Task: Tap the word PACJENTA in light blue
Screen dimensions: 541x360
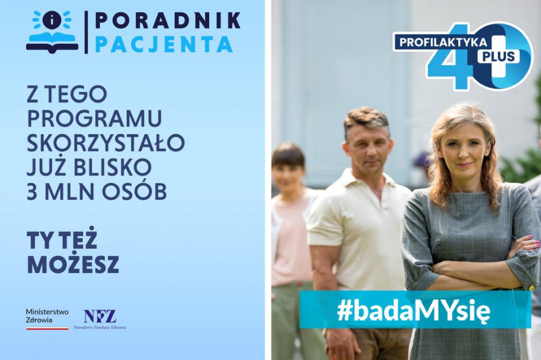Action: pos(164,44)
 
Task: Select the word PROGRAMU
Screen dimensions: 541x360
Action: pos(94,118)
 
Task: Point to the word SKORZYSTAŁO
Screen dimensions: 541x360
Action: pos(106,143)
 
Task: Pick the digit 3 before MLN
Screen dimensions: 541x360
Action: pos(32,192)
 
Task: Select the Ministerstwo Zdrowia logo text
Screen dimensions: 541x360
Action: pos(47,316)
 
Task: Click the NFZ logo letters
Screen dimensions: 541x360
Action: pos(100,316)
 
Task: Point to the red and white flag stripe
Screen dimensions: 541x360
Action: pos(47,328)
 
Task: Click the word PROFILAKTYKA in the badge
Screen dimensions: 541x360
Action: pos(444,42)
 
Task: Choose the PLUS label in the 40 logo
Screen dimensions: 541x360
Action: pos(498,55)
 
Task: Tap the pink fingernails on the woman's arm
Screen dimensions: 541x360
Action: pos(533,242)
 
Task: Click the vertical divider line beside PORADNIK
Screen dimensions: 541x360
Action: pos(86,32)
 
